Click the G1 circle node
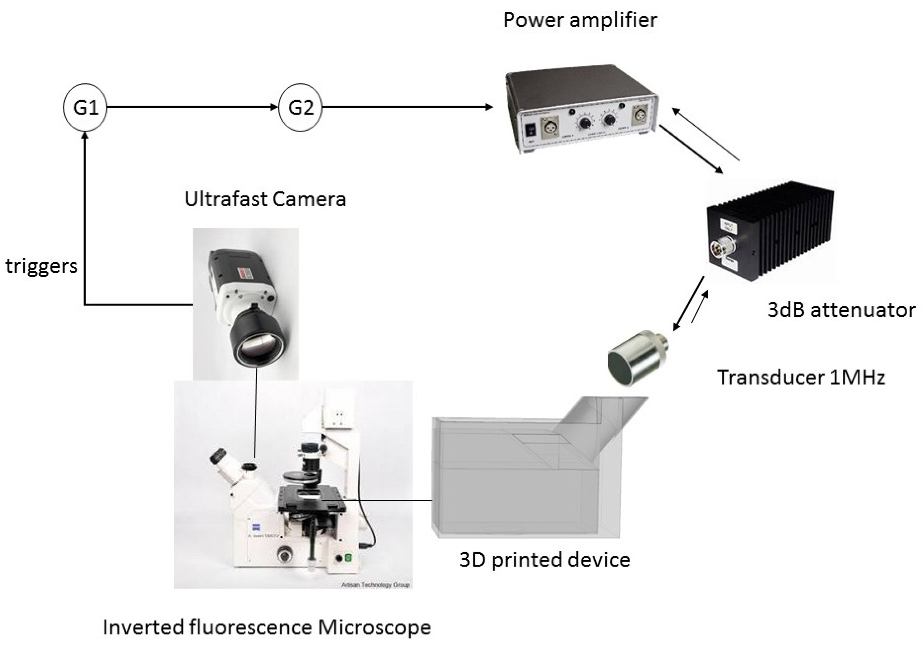tap(85, 107)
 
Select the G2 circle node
tap(300, 107)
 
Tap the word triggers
tap(42, 266)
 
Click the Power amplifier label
tap(580, 20)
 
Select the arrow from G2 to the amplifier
tap(406, 107)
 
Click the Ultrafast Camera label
tap(265, 199)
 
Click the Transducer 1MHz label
tap(801, 378)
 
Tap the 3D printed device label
tap(544, 560)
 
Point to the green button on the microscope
tap(349, 558)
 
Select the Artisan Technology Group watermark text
tap(375, 584)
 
